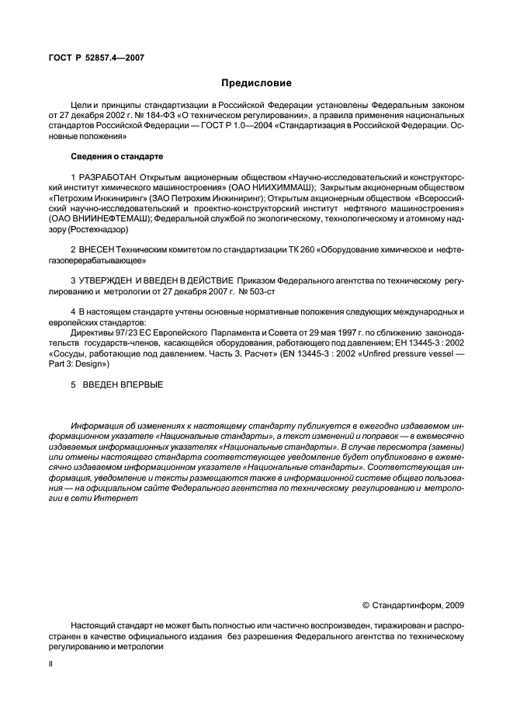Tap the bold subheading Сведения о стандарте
click(x=110, y=156)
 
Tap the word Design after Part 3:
click(x=92, y=363)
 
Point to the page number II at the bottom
click(x=50, y=666)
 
